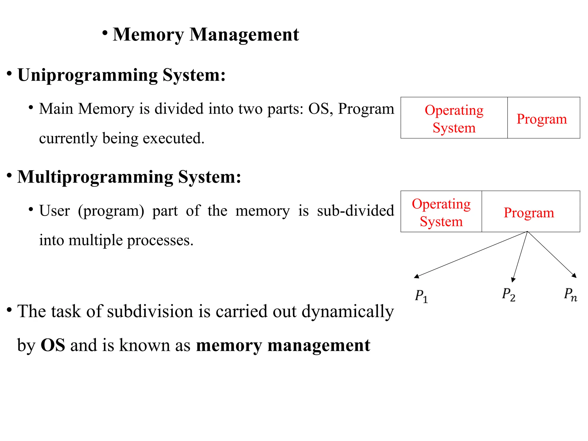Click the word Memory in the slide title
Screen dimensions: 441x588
(148, 35)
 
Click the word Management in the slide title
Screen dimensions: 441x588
(244, 35)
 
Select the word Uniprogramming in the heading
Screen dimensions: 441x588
(88, 75)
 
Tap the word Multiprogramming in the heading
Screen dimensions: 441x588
(95, 177)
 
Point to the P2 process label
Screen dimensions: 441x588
(508, 295)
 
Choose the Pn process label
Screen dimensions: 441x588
(570, 295)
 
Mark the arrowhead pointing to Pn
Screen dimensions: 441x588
(574, 276)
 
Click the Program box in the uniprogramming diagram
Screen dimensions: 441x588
(543, 118)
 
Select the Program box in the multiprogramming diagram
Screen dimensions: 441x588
(531, 212)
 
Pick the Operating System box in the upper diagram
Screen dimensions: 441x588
(454, 118)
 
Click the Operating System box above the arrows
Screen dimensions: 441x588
(441, 212)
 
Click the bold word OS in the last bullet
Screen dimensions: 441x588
(53, 345)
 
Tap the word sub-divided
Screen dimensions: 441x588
(355, 210)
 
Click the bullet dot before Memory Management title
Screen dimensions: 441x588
(105, 33)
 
